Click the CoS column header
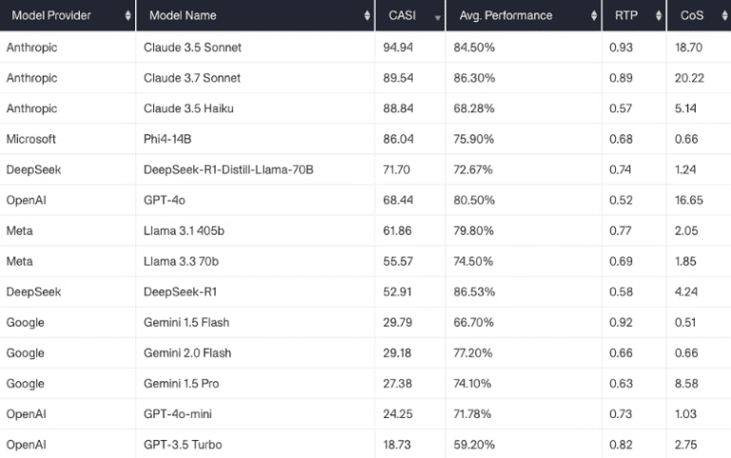click(689, 15)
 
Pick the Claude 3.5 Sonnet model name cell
click(193, 47)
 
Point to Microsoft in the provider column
click(31, 138)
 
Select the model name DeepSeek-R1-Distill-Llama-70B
click(228, 169)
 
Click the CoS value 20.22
click(689, 77)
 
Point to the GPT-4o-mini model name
click(181, 413)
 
